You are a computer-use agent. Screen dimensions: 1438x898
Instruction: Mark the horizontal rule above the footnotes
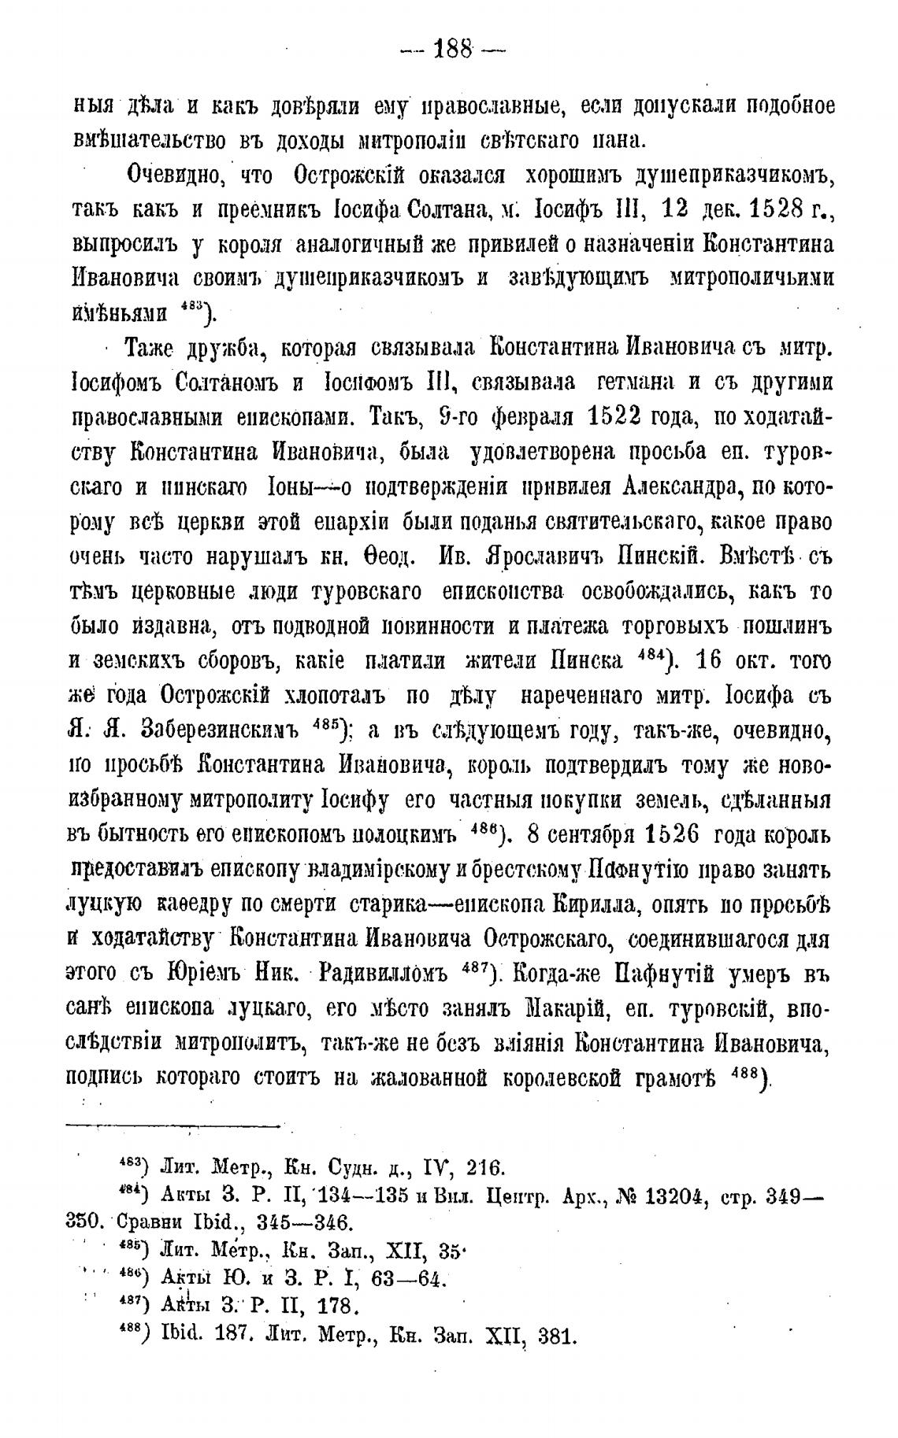coord(174,1126)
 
